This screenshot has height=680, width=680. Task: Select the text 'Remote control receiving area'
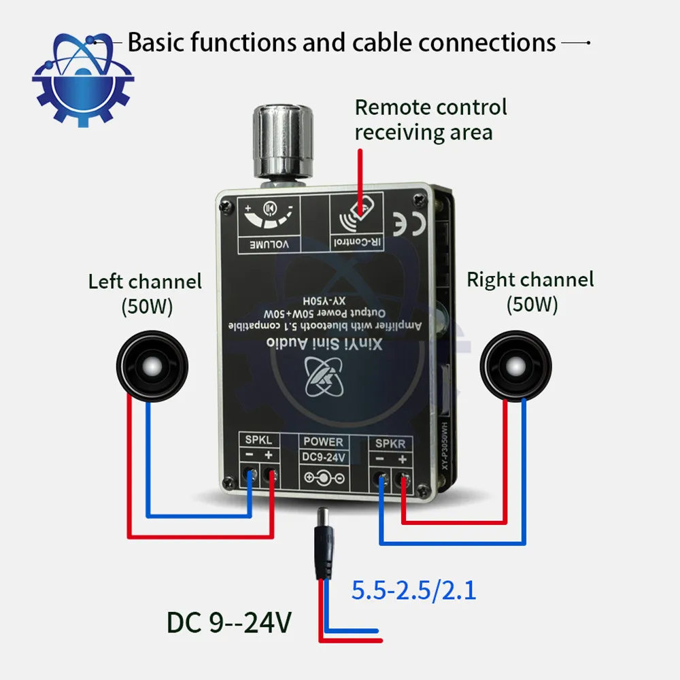tap(430, 119)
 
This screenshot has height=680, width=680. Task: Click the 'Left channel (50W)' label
tap(145, 292)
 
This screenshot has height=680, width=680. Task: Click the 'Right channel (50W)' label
tap(530, 291)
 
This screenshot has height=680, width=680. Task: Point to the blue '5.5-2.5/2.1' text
tap(413, 590)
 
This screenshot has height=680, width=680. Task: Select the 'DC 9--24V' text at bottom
tap(229, 622)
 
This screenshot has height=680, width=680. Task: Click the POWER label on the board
tap(323, 442)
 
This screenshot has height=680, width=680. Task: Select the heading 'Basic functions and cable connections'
tap(341, 43)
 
